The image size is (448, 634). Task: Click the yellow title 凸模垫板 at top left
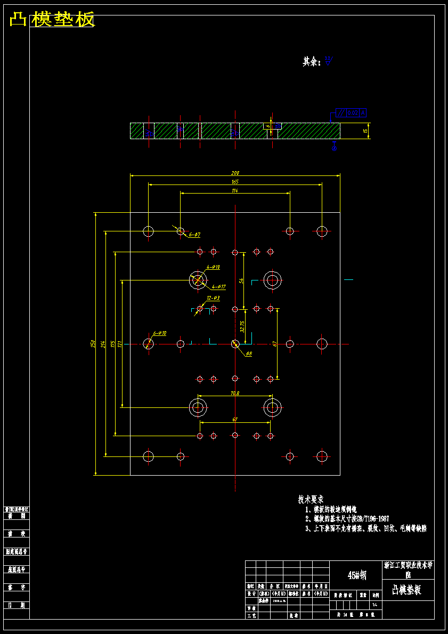coord(52,20)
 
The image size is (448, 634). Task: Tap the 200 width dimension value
coord(235,173)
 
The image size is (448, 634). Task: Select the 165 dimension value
coord(235,182)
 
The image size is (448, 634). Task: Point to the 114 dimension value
coord(235,191)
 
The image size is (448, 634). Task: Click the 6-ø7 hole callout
coord(194,235)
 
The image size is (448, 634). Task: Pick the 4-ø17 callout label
coord(219,286)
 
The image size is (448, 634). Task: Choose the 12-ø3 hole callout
coord(213,298)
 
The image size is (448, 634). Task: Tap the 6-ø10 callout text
coord(160,333)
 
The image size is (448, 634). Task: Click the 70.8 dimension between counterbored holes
coord(235,394)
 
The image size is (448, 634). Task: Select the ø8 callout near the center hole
coord(249,354)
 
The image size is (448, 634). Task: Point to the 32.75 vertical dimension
coord(243,326)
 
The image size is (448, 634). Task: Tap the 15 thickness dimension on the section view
coord(365,131)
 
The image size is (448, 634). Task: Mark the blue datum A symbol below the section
coord(335,148)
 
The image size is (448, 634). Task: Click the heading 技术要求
coord(311,500)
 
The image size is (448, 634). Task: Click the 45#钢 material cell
coord(357,575)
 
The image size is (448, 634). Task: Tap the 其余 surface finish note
coord(312,62)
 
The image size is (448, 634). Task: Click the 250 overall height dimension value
coord(92,344)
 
